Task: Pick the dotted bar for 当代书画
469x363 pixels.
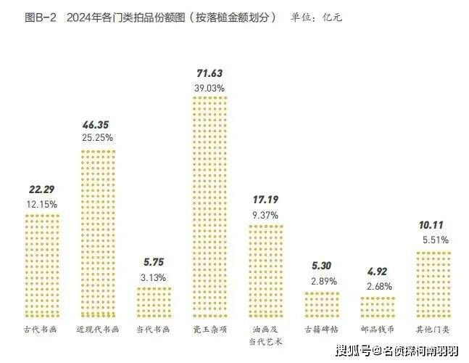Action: pos(154,301)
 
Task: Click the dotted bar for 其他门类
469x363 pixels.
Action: pos(433,283)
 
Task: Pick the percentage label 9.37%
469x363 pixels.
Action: pos(265,213)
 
